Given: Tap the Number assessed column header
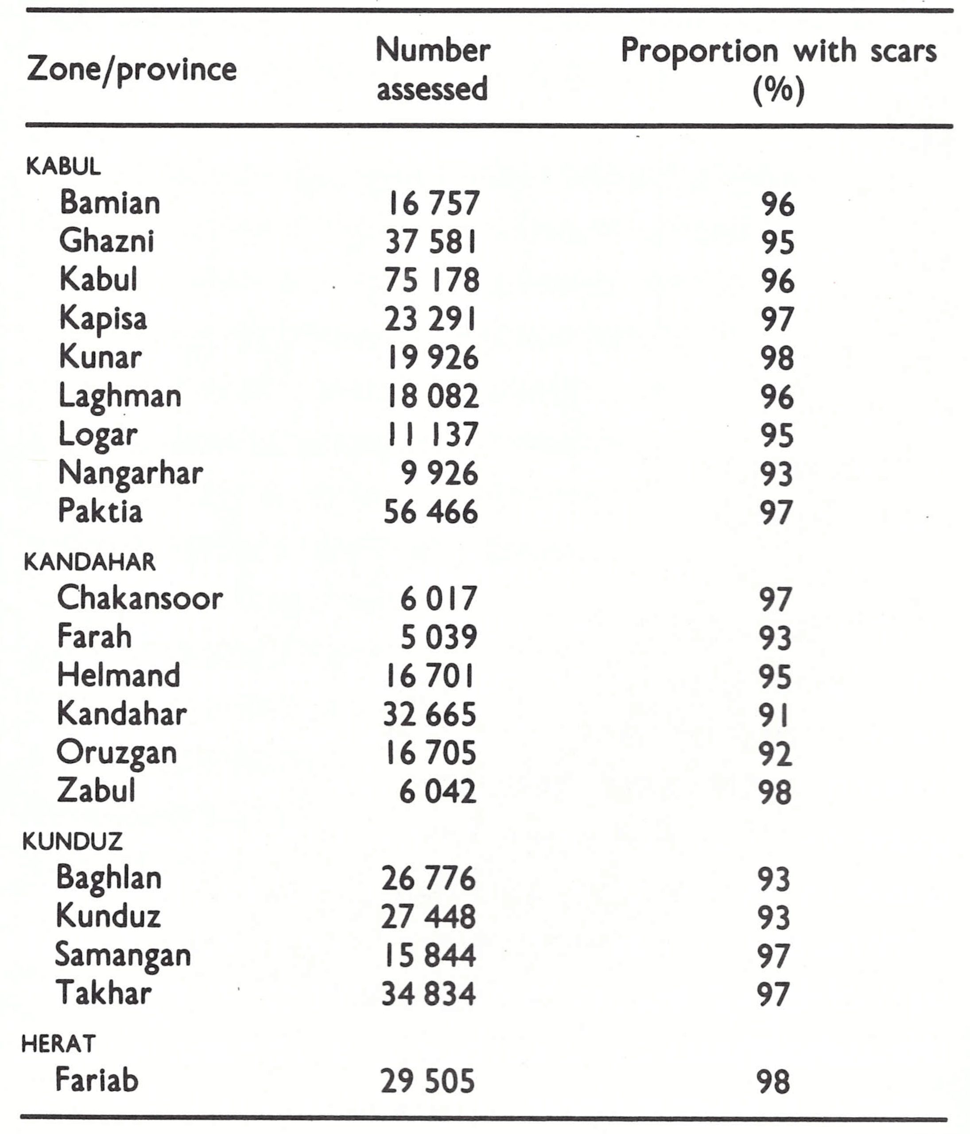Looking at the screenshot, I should (x=432, y=69).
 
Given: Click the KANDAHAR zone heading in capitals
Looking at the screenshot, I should (x=90, y=563).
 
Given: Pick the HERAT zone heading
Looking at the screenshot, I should (x=58, y=1044).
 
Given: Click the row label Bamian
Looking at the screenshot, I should (x=110, y=202).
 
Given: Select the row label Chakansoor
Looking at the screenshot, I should (x=140, y=598).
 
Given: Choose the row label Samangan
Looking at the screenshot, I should (x=123, y=955).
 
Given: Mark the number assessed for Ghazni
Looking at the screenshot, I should (x=431, y=242).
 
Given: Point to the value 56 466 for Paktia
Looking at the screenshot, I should (x=431, y=512).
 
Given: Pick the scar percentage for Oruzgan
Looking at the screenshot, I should (x=775, y=753).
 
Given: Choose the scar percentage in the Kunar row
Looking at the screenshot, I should (x=777, y=358).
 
